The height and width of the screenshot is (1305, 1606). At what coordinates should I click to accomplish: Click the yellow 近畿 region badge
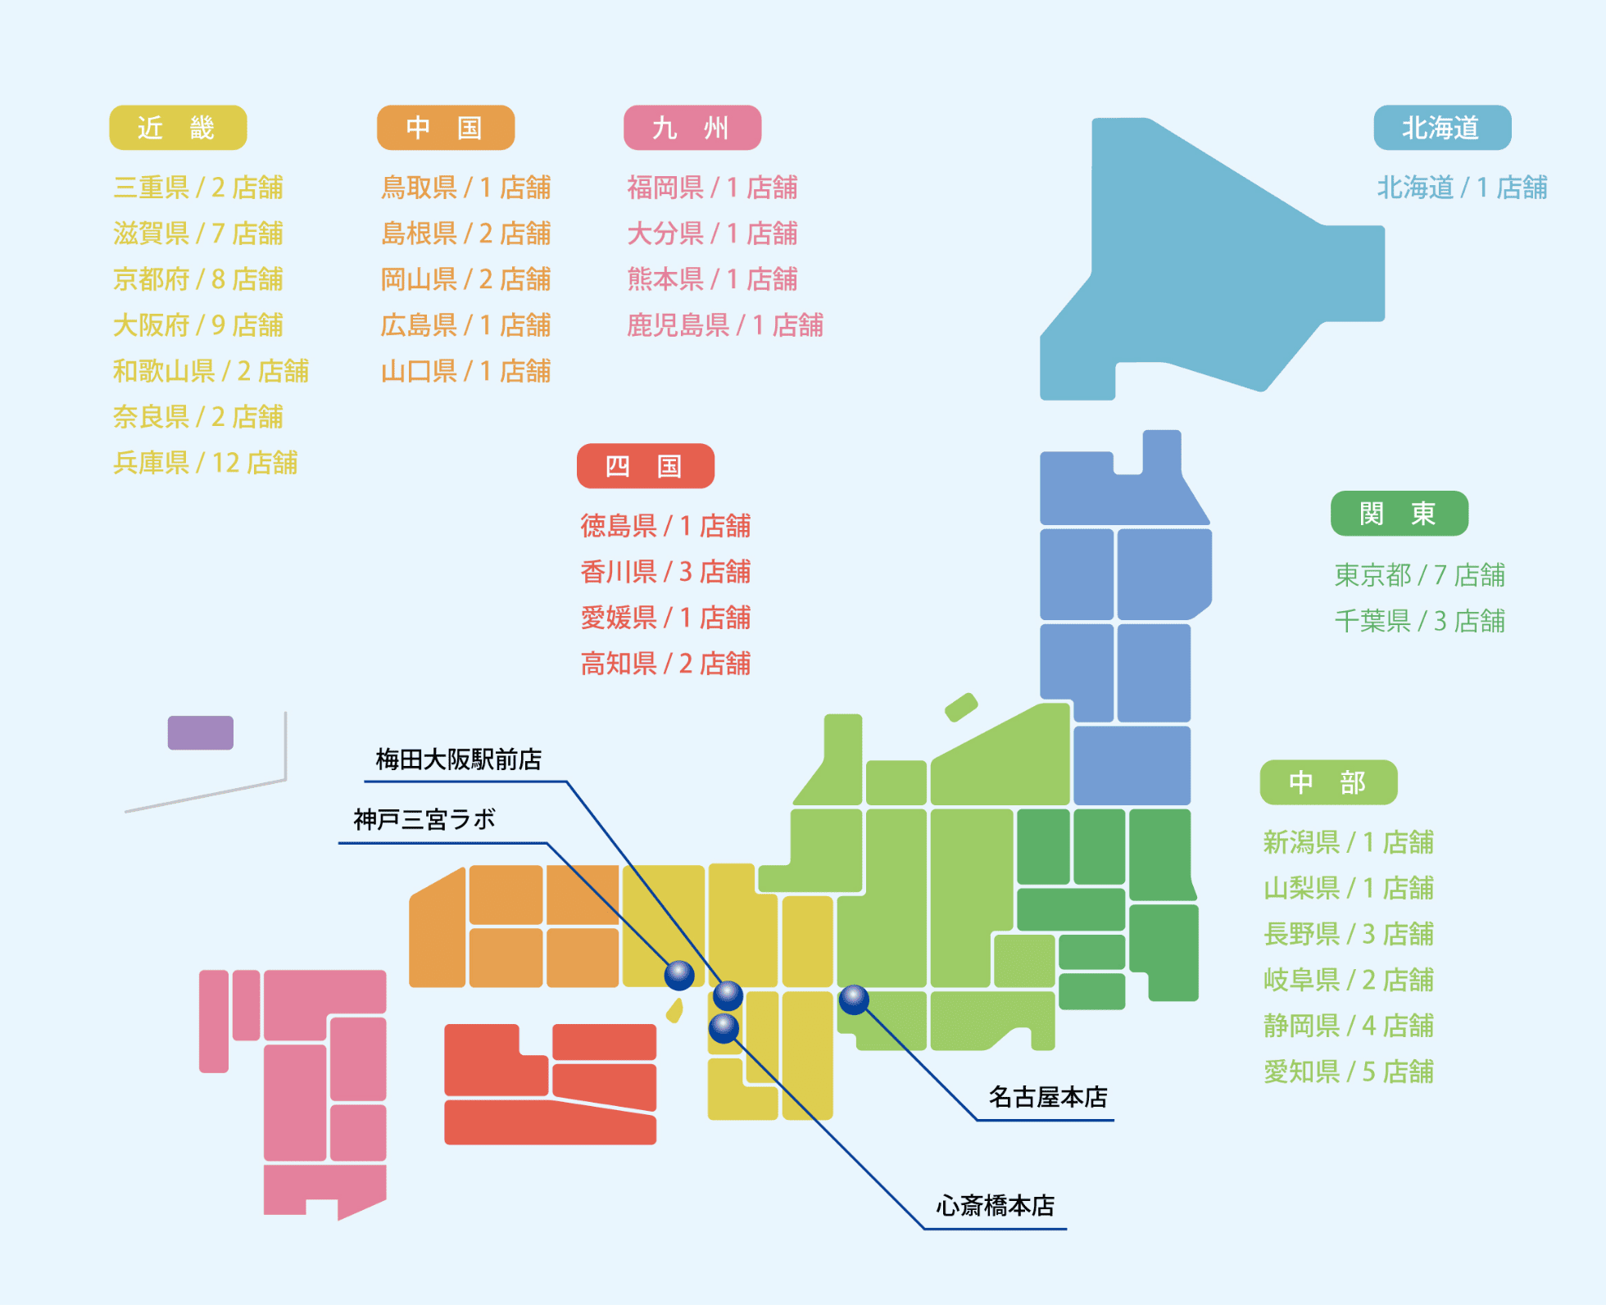(x=178, y=128)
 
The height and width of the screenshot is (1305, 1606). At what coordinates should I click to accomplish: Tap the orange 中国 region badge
(x=445, y=128)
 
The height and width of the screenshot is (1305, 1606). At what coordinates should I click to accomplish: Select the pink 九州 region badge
(x=692, y=128)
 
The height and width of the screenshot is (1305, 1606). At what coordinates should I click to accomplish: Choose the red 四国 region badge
(x=645, y=466)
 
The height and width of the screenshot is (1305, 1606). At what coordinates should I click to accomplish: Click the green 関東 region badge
(x=1399, y=514)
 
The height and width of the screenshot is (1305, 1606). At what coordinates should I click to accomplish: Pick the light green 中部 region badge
(x=1327, y=782)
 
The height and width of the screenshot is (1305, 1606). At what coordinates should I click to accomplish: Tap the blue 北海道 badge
(x=1441, y=128)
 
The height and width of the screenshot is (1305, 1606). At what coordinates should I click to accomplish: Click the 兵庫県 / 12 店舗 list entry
(x=205, y=463)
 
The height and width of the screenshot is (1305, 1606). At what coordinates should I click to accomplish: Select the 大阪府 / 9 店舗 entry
(x=198, y=325)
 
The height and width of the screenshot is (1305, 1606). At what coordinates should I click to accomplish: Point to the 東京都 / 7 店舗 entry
(x=1419, y=575)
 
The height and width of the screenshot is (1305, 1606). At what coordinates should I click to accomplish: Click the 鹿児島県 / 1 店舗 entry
(x=724, y=325)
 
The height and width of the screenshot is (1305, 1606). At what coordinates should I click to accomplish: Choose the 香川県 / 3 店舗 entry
(x=665, y=572)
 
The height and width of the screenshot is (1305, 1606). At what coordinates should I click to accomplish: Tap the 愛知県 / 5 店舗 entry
(x=1348, y=1072)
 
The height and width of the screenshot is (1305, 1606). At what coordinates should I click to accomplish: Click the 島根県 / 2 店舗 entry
(x=465, y=233)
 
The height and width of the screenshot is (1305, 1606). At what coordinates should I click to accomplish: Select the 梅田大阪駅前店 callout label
(x=458, y=759)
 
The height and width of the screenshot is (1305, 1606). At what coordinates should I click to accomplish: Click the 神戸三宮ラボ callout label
(x=424, y=819)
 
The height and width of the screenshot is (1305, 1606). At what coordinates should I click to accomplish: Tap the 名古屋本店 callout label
(x=1047, y=1097)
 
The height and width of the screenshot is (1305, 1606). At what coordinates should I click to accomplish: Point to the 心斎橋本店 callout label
(x=995, y=1206)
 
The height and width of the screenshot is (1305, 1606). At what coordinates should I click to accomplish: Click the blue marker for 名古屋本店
(x=854, y=999)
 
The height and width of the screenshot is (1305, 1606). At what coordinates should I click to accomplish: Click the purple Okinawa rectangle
(x=201, y=732)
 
